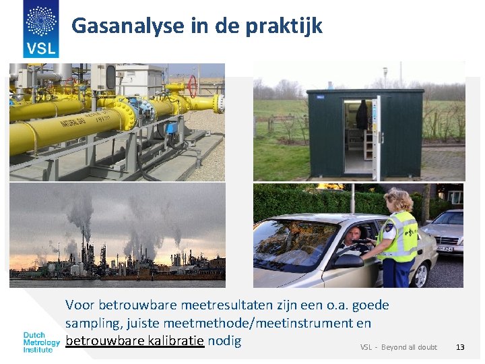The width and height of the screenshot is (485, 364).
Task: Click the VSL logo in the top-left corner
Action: (x=40, y=28)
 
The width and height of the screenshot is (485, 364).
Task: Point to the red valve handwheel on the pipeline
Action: (x=193, y=86)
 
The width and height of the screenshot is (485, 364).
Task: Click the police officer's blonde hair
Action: (x=398, y=200)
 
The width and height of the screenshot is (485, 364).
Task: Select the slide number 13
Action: (x=460, y=347)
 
